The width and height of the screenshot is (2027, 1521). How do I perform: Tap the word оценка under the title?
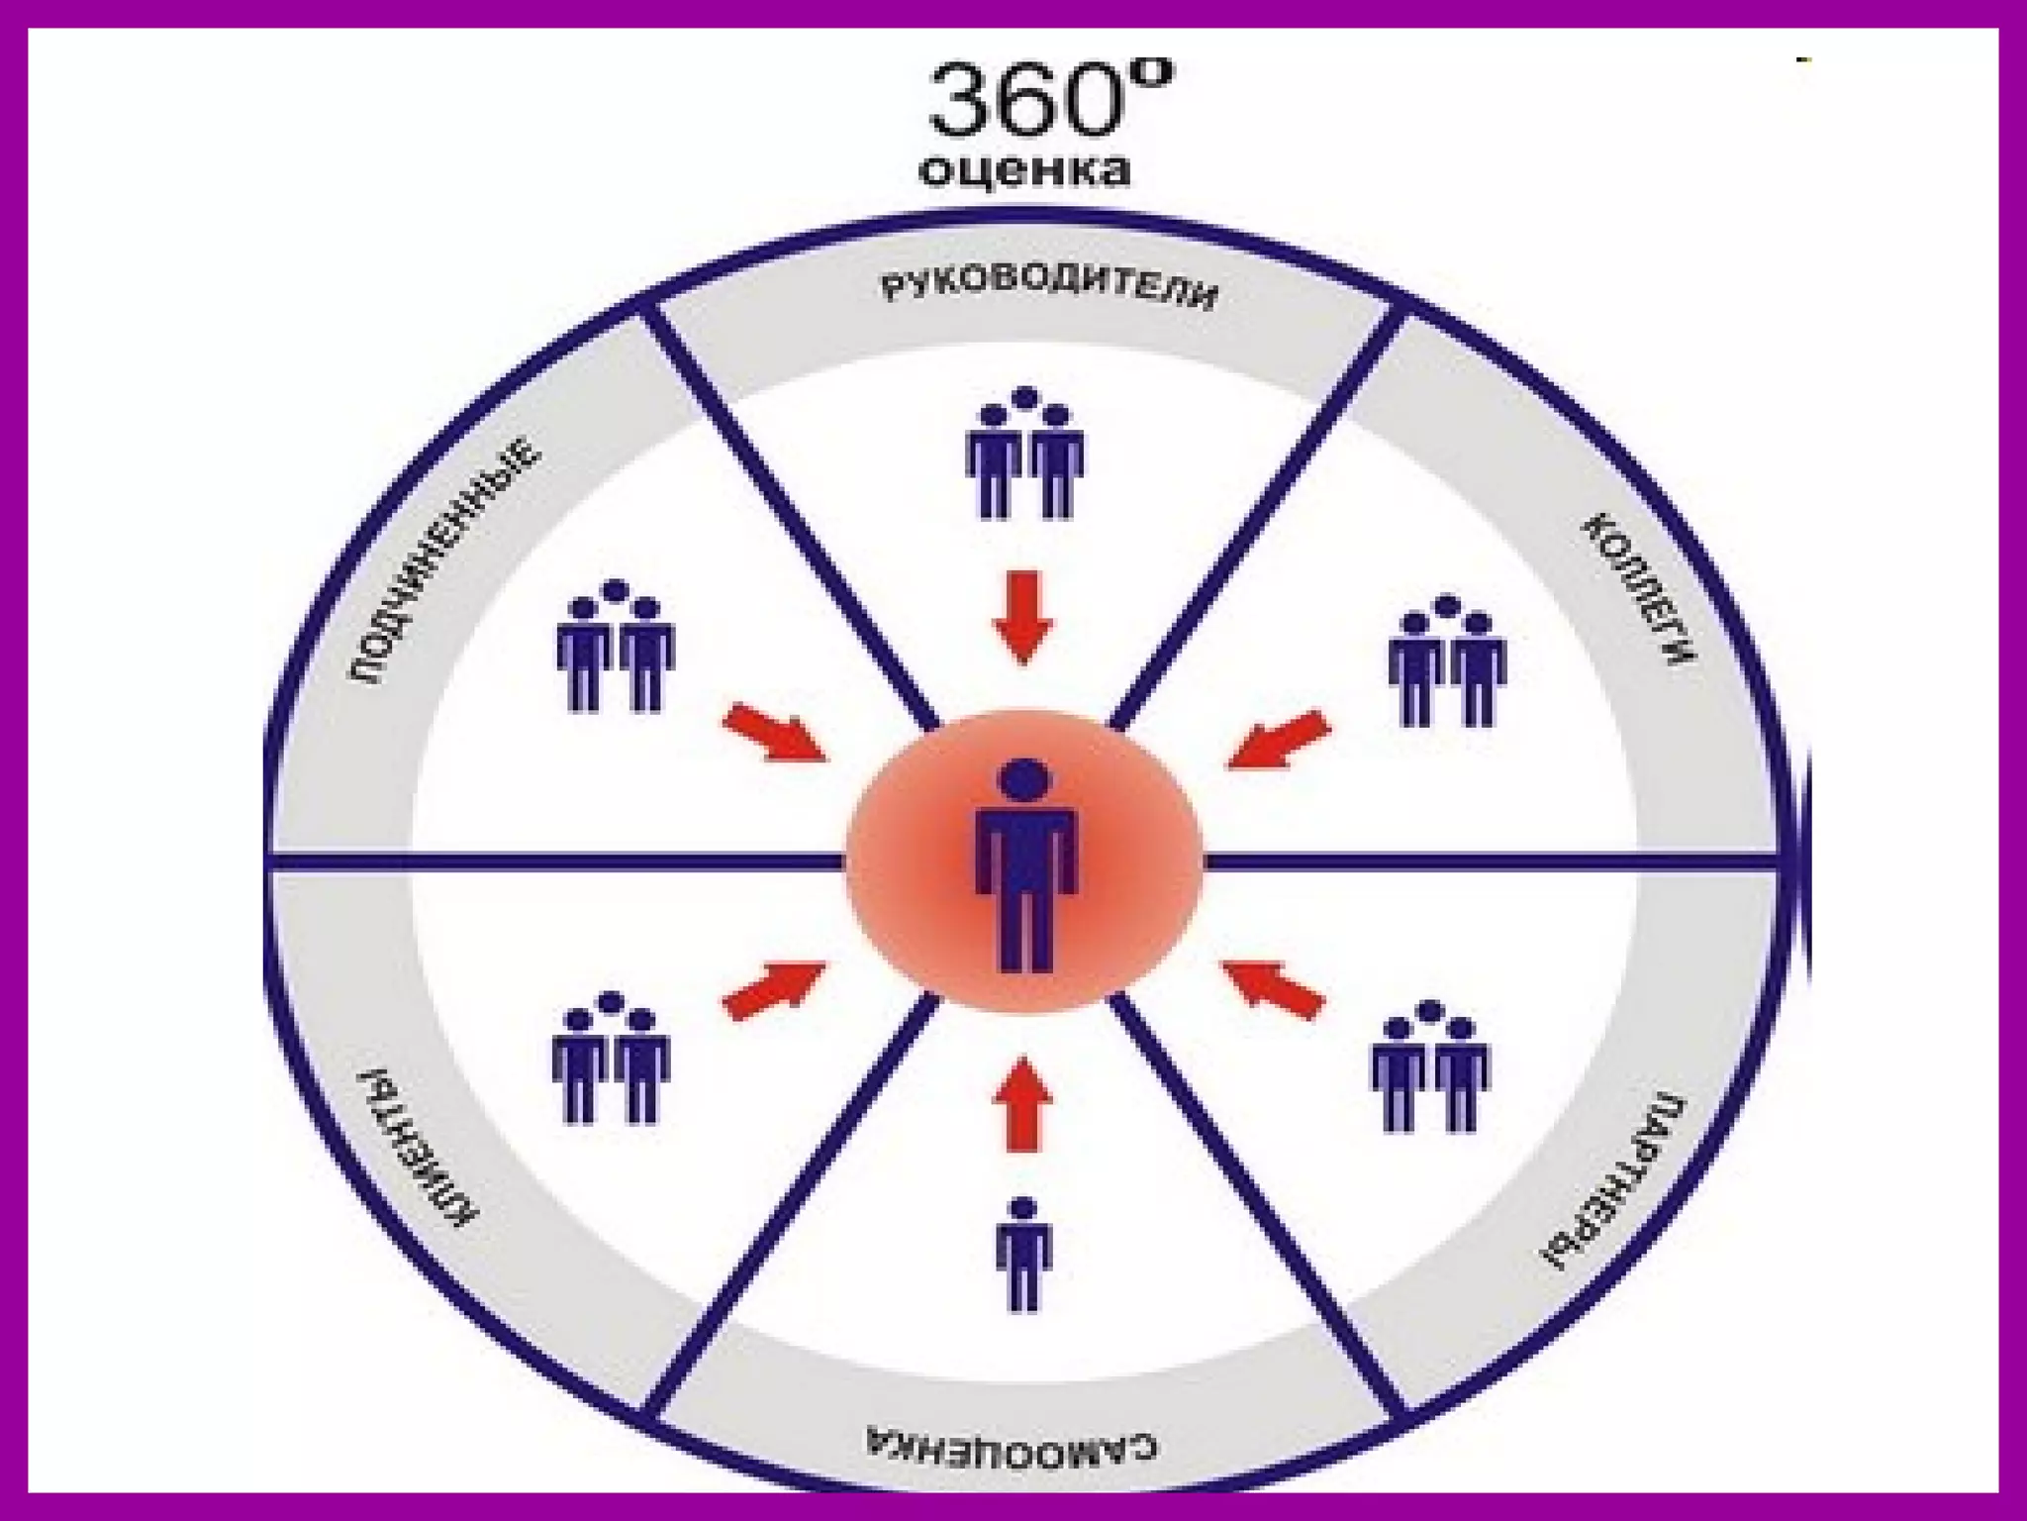click(x=1024, y=170)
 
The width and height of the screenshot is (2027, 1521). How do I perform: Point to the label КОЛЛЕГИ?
click(x=1640, y=588)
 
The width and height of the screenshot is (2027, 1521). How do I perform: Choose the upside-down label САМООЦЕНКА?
click(x=1012, y=1445)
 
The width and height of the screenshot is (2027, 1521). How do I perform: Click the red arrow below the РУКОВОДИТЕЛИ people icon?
click(x=1023, y=616)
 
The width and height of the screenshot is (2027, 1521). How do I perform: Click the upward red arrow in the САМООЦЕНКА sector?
click(x=1022, y=1103)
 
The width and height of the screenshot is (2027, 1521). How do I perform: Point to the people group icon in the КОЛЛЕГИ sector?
click(x=1447, y=661)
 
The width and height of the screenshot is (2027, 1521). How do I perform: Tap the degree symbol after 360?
click(x=1151, y=73)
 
